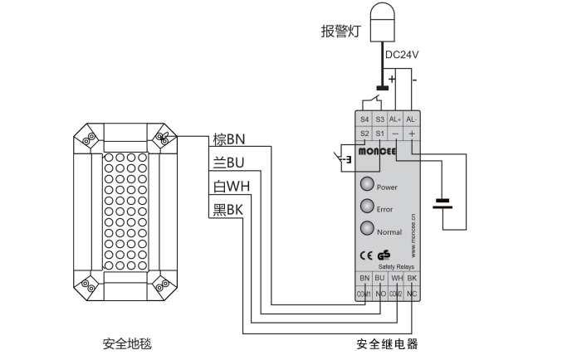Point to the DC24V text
pos(403,54)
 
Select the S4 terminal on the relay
pos(364,119)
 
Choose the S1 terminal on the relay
pos(379,133)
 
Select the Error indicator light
pos(367,207)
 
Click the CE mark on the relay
pos(367,255)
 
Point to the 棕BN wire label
pos(229,139)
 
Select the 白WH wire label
pos(231,186)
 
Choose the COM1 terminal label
pos(364,294)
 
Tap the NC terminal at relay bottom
pos(413,294)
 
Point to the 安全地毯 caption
pos(127,343)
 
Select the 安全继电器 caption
pos(388,343)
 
